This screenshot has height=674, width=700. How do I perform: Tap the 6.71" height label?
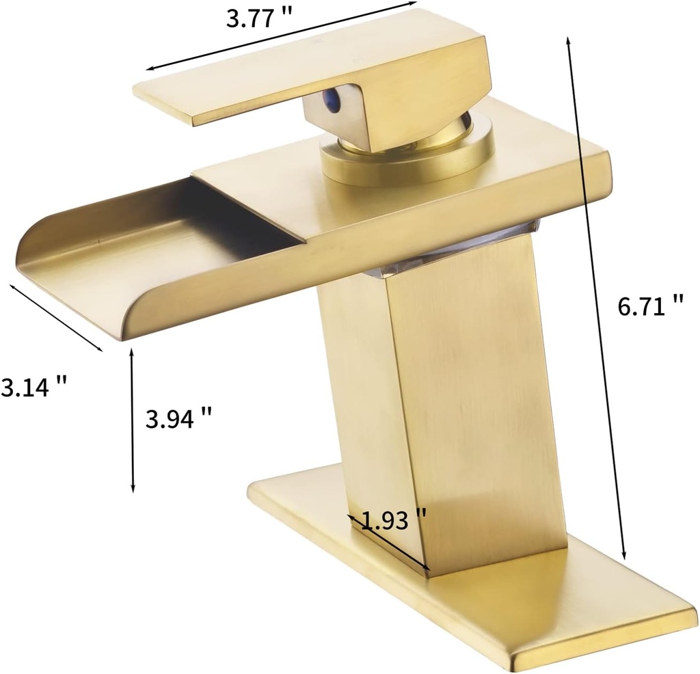coord(650,306)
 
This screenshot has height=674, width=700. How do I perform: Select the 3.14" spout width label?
coord(33,388)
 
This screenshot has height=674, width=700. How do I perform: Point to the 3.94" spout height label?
coord(178,416)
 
